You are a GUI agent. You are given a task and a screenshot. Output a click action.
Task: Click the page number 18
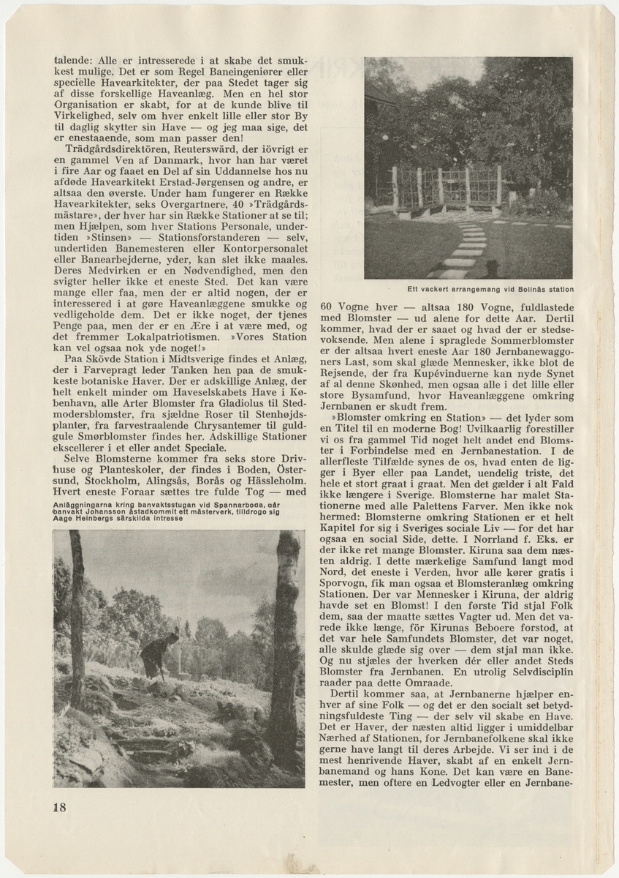(x=60, y=807)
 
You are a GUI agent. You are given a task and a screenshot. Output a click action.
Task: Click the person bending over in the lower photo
(x=156, y=653)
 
